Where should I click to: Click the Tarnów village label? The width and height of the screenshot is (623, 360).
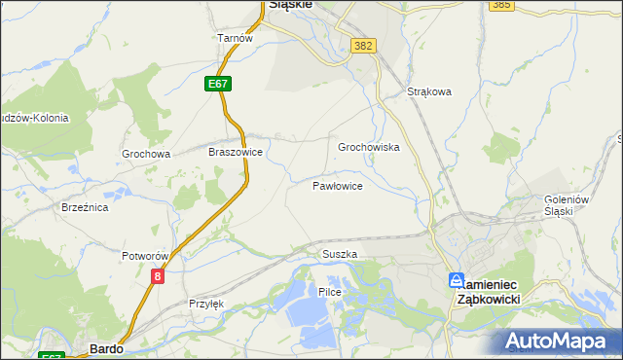pyautogui.click(x=235, y=38)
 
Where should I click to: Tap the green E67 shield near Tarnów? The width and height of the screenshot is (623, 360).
pyautogui.click(x=218, y=85)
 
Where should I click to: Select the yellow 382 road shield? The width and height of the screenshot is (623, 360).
pyautogui.click(x=364, y=46)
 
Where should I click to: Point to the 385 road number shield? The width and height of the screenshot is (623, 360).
pyautogui.click(x=502, y=5)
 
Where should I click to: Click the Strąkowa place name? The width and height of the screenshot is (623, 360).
pyautogui.click(x=429, y=93)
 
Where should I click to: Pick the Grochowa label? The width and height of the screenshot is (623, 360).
pyautogui.click(x=146, y=154)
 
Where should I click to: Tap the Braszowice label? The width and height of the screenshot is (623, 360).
pyautogui.click(x=236, y=153)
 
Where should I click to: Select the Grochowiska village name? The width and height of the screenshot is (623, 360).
pyautogui.click(x=369, y=148)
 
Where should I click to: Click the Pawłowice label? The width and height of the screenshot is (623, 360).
pyautogui.click(x=338, y=185)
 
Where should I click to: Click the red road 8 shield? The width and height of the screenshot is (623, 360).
pyautogui.click(x=158, y=276)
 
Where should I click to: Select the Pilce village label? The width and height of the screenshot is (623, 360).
pyautogui.click(x=330, y=291)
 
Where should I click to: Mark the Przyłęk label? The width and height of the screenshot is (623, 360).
pyautogui.click(x=206, y=304)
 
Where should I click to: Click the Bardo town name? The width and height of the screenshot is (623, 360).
pyautogui.click(x=104, y=347)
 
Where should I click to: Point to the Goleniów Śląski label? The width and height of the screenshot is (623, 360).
pyautogui.click(x=568, y=205)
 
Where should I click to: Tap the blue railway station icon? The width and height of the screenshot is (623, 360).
pyautogui.click(x=456, y=280)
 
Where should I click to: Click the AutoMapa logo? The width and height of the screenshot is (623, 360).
pyautogui.click(x=559, y=342)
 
